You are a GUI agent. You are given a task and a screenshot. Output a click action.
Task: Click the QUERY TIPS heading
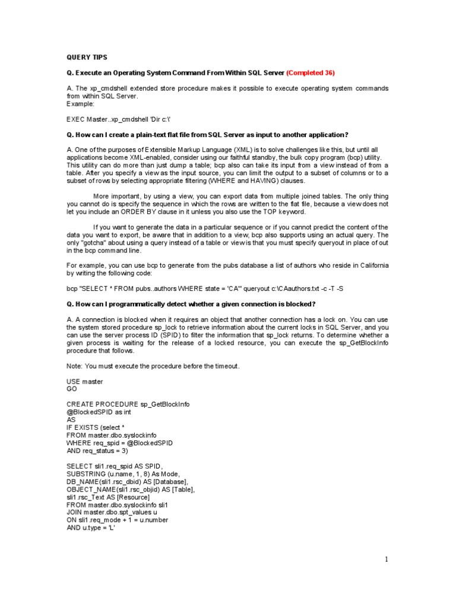(87, 57)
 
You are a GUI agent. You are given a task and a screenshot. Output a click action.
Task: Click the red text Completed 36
(311, 72)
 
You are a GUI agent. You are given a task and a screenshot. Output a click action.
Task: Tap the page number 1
(386, 559)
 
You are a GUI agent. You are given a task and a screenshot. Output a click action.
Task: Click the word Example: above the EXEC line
(80, 103)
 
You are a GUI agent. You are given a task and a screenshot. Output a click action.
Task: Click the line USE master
(84, 381)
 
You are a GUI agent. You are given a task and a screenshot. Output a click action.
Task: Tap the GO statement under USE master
(72, 389)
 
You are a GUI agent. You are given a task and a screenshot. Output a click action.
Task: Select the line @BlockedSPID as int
(99, 412)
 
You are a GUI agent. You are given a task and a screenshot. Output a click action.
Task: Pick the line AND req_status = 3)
(97, 451)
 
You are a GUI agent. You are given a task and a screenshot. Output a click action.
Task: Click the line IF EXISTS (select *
(96, 427)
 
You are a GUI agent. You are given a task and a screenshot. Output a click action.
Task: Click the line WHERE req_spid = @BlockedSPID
(119, 443)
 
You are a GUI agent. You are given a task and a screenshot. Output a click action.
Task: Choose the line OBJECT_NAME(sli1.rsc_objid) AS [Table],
(131, 489)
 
